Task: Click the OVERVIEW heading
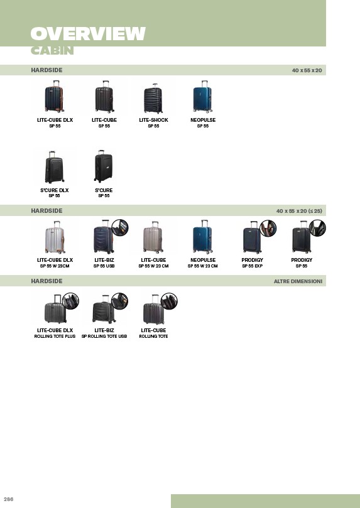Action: [88, 34]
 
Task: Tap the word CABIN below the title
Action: [52, 50]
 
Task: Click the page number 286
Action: [8, 499]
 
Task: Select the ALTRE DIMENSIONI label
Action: [298, 281]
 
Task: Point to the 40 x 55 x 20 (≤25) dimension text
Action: [299, 211]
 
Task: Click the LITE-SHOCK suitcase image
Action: [153, 99]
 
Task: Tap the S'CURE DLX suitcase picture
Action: [55, 167]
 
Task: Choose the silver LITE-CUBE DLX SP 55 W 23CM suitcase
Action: [55, 237]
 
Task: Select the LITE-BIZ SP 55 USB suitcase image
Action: [104, 237]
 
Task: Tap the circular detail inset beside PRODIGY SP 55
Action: [317, 228]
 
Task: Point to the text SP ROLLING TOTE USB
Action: [104, 337]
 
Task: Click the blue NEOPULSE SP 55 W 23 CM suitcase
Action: [202, 237]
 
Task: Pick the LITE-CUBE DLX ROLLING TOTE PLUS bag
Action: [55, 309]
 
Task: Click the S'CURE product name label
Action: [104, 190]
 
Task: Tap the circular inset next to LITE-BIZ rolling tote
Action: [119, 301]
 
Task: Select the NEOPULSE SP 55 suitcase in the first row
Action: [202, 97]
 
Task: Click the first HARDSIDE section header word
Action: [46, 70]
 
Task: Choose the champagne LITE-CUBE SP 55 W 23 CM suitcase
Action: [153, 237]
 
